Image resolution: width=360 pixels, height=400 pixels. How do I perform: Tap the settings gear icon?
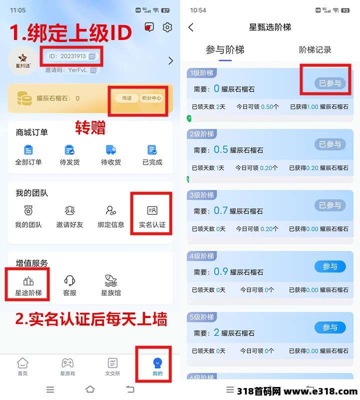(x=167, y=27)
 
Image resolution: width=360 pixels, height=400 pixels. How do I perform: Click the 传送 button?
(x=127, y=98)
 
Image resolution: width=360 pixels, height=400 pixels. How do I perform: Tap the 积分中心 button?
(x=151, y=98)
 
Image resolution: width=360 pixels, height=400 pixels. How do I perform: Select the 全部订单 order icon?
(x=28, y=150)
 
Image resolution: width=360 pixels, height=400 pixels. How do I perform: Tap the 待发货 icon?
(x=69, y=150)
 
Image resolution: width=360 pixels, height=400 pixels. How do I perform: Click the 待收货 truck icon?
(x=111, y=150)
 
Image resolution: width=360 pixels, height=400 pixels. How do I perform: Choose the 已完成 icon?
(x=152, y=150)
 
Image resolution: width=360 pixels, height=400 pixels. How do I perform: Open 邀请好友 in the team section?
(x=69, y=211)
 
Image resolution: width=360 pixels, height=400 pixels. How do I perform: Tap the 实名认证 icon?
(x=152, y=211)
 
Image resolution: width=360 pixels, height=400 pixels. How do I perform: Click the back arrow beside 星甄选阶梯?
(x=191, y=27)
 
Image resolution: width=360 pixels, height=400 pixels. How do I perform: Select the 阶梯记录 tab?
(x=315, y=49)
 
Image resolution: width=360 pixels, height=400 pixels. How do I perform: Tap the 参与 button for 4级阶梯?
(x=330, y=266)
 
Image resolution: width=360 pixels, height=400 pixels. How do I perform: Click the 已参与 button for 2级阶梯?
(x=330, y=144)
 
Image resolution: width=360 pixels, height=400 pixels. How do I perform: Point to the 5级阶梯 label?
(x=201, y=317)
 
